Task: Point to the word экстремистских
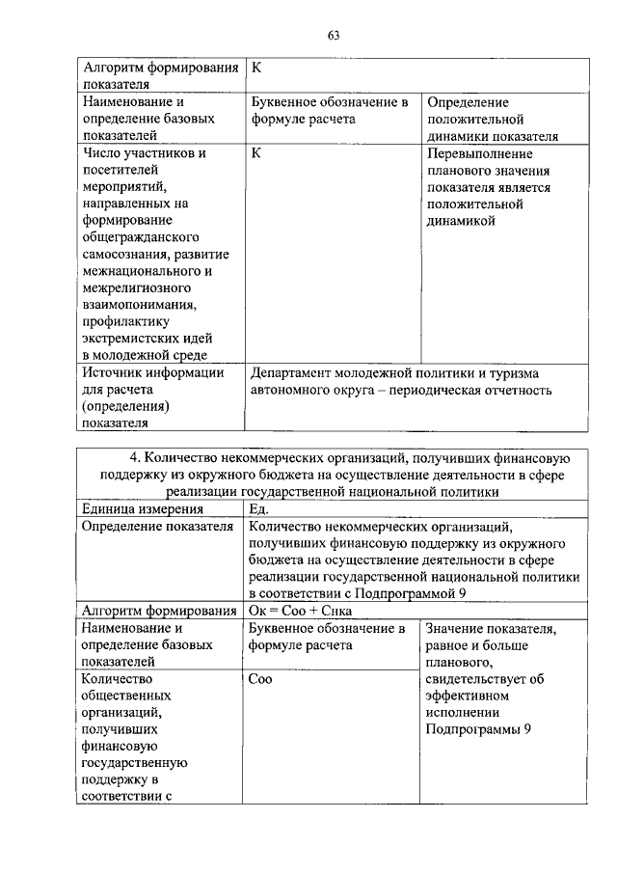click(x=135, y=339)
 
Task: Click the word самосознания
click(x=124, y=254)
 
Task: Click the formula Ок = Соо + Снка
click(x=301, y=611)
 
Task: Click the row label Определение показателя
click(x=158, y=527)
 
